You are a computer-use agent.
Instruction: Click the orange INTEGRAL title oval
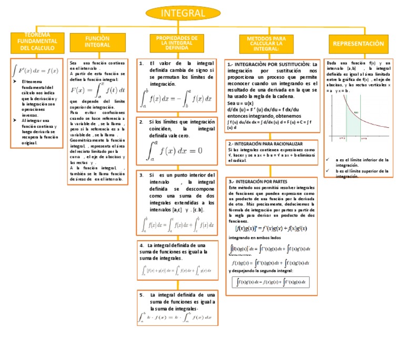183,13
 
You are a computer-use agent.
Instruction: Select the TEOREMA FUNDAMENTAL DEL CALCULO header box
37,41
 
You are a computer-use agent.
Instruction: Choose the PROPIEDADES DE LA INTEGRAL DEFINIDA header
177,43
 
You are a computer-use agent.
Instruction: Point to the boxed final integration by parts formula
272,282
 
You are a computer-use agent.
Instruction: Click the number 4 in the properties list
143,245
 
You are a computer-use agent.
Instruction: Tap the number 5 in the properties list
143,295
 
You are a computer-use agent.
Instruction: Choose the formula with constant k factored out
175,317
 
